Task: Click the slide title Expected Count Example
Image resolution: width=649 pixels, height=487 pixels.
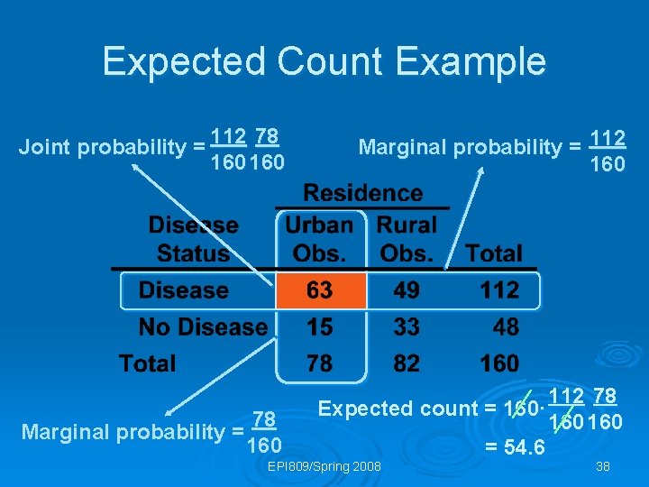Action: [x=324, y=61]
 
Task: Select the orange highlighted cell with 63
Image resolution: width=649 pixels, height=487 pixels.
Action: [x=320, y=290]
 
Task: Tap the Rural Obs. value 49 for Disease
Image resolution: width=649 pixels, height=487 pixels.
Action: [x=407, y=290]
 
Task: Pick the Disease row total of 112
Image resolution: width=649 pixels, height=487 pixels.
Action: [x=499, y=290]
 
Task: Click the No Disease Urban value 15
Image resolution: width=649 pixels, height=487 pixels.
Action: [x=320, y=326]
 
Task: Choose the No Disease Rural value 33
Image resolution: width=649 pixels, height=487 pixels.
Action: [x=407, y=326]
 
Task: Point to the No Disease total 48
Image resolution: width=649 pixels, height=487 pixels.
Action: [x=506, y=326]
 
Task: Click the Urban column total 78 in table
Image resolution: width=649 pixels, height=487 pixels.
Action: [x=320, y=363]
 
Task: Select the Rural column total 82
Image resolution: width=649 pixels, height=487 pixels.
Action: [x=407, y=363]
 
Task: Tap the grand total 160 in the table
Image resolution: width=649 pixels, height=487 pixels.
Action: [x=499, y=363]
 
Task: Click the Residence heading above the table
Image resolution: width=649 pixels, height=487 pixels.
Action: [x=363, y=193]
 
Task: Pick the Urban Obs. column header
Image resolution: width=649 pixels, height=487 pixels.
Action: [x=320, y=239]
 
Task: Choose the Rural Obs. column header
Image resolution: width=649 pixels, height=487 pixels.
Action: [x=407, y=239]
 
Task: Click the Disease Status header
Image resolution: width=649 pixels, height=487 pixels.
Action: [x=193, y=239]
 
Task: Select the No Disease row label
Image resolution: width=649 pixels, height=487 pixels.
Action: [x=203, y=326]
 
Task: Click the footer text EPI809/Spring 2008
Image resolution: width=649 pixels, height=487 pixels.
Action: [x=325, y=466]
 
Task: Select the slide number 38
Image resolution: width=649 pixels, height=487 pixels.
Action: [x=601, y=466]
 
